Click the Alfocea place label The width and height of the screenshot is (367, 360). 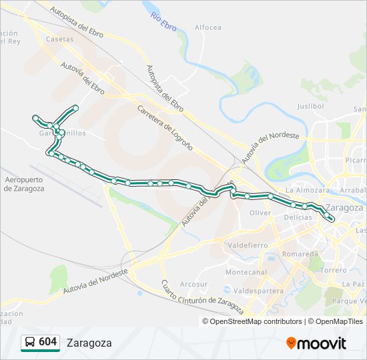(208, 27)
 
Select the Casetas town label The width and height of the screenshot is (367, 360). (60, 39)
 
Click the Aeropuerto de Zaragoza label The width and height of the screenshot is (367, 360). (24, 184)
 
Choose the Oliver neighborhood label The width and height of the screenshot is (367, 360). (260, 213)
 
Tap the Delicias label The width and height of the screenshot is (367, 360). (298, 217)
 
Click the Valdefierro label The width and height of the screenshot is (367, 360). (248, 245)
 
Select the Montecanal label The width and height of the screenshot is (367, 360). (246, 272)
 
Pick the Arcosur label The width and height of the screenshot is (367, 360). (194, 284)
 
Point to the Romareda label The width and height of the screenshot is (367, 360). (300, 255)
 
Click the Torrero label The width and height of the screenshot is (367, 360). (334, 271)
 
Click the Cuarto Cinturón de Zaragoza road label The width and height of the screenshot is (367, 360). (202, 297)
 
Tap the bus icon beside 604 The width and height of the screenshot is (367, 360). (30, 342)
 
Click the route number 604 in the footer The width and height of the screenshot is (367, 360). (48, 342)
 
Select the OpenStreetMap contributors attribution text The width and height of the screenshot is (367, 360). (256, 321)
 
